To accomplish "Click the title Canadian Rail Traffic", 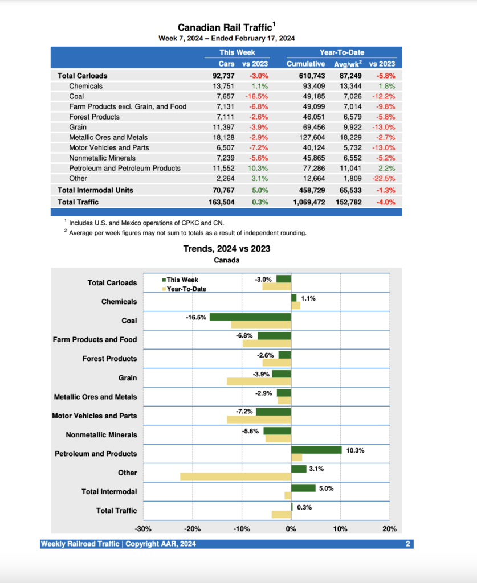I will (x=226, y=27).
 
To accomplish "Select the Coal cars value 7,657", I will (x=223, y=96).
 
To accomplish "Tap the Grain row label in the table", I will (x=78, y=127).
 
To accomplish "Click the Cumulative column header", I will (x=305, y=64).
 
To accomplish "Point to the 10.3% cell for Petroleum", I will (x=259, y=168).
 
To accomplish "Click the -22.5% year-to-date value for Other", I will (x=384, y=178).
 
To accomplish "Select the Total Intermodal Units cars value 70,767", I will (x=222, y=190).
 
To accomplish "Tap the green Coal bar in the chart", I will (x=250, y=317).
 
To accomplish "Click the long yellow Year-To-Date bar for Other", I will (x=235, y=477).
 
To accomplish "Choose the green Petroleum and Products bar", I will (x=316, y=450).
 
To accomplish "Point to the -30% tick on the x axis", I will (x=143, y=529).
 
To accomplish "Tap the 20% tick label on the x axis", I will (x=389, y=529).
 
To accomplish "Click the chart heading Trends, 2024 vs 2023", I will (x=226, y=248).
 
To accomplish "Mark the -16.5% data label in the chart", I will (x=196, y=317).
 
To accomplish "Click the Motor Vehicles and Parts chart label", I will (x=95, y=416).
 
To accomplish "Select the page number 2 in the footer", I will (x=408, y=544).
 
